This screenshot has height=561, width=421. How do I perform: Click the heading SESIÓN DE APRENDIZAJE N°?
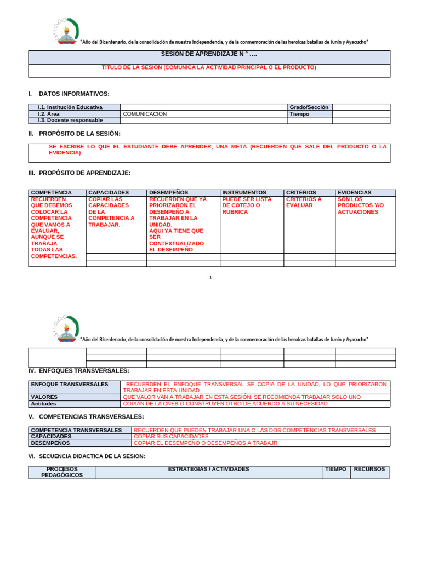209,54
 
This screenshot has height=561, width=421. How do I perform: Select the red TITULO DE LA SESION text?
209,67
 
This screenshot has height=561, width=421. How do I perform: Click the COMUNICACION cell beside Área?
145,114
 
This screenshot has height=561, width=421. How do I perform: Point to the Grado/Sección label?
309,107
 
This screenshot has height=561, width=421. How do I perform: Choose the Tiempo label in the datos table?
299,114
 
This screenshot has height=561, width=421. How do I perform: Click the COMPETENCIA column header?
52,193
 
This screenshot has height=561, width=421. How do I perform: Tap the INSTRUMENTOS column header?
244,193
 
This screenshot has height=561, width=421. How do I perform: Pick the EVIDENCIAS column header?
354,193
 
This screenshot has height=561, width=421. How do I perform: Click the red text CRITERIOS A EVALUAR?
304,203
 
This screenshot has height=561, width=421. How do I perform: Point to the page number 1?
210,277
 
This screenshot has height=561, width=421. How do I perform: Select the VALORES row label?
44,397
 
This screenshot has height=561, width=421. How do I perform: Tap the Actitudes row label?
43,404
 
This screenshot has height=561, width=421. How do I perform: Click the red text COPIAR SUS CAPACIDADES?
171,437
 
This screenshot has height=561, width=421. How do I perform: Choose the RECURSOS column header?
369,469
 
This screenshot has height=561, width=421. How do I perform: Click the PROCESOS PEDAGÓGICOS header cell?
62,472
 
